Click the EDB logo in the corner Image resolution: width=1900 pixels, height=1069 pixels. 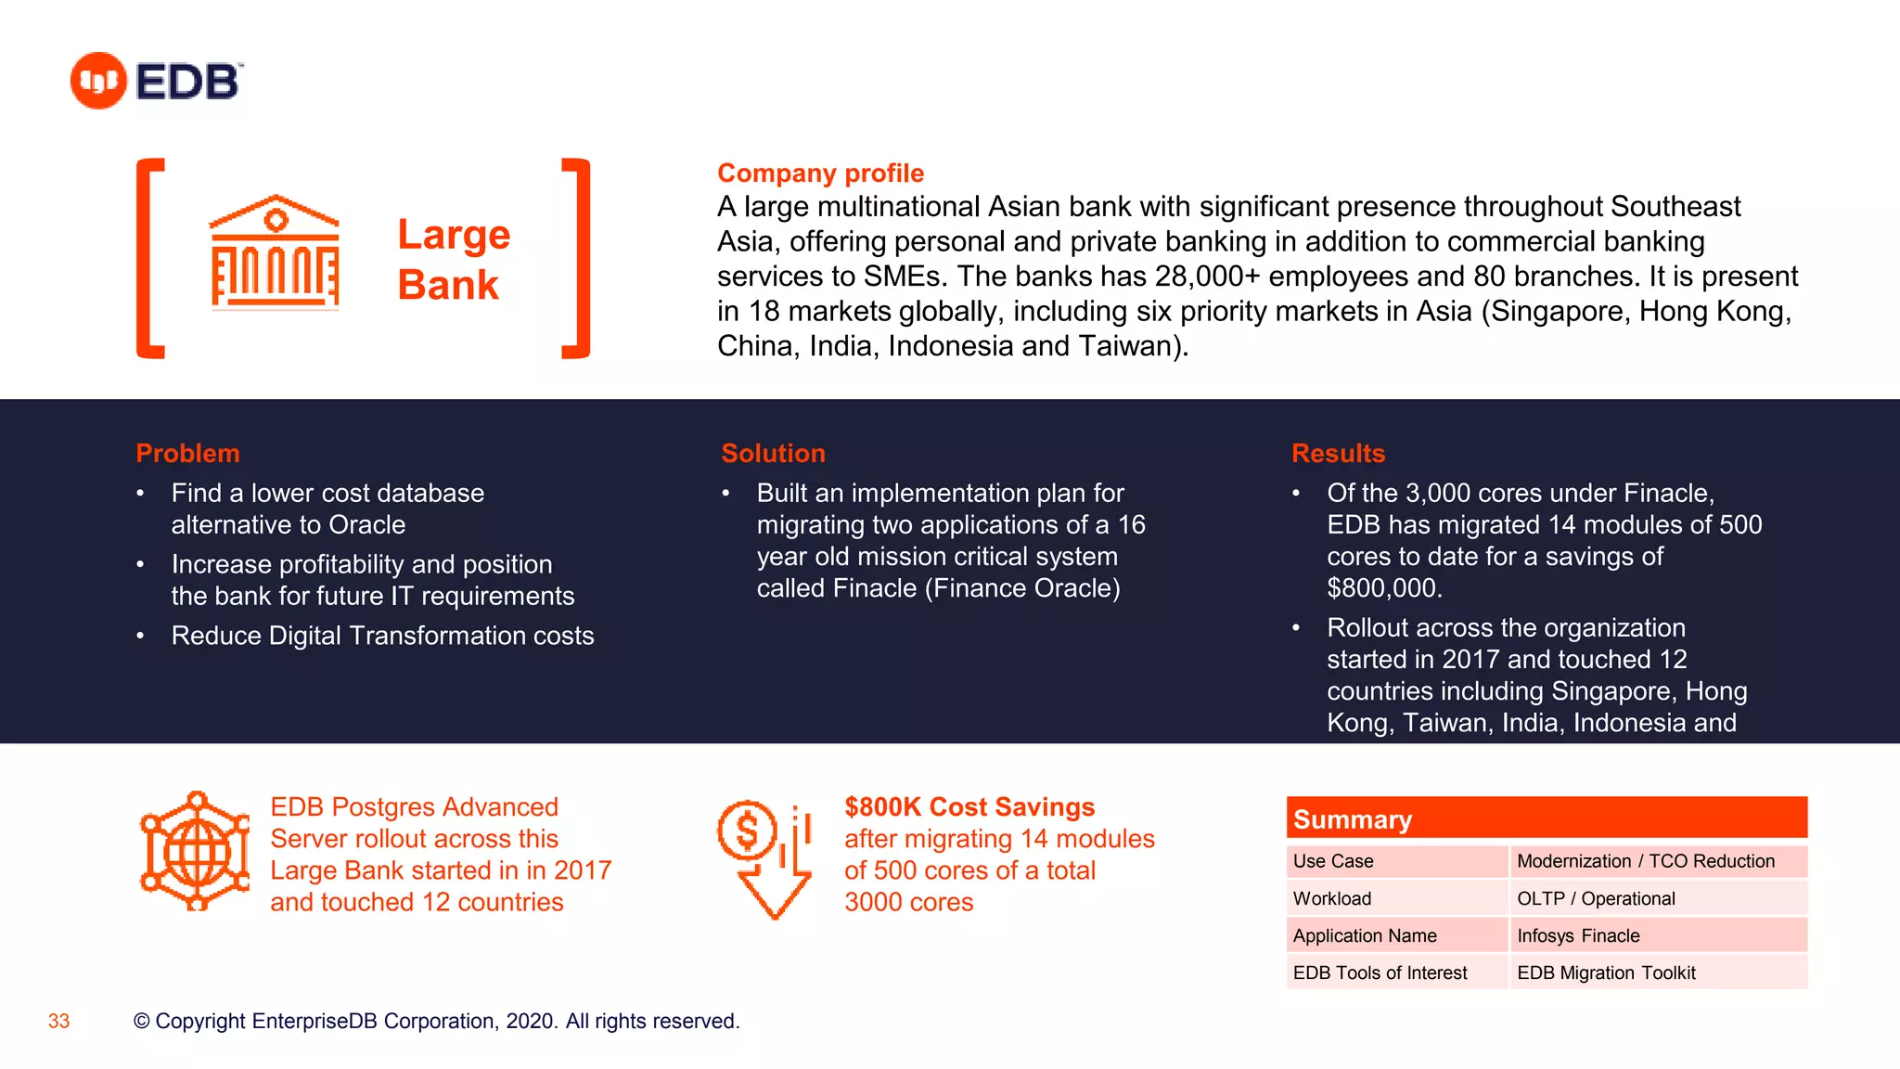click(156, 81)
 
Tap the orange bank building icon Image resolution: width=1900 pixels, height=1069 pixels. click(275, 251)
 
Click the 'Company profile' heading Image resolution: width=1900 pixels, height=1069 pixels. click(820, 174)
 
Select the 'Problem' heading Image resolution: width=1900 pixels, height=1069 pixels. click(187, 453)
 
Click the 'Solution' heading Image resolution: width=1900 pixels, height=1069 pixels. click(773, 453)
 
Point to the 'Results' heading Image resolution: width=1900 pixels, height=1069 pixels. click(1338, 453)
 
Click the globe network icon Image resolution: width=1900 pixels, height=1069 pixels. click(195, 850)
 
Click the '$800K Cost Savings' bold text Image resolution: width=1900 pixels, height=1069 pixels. click(969, 806)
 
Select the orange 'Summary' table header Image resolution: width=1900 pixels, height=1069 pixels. click(1546, 818)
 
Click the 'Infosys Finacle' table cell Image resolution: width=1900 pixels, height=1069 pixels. click(1578, 935)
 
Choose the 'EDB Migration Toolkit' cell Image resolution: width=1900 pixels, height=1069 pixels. click(1606, 972)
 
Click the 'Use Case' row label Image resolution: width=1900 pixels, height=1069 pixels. click(1333, 861)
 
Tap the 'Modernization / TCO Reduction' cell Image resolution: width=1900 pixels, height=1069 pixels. click(1646, 861)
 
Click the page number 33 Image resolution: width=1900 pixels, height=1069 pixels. click(58, 1021)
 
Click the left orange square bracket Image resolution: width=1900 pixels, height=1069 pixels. click(149, 258)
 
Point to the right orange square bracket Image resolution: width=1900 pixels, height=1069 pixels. click(577, 258)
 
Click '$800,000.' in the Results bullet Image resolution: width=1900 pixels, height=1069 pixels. click(1384, 588)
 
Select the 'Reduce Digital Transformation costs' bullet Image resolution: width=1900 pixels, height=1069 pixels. click(382, 636)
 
